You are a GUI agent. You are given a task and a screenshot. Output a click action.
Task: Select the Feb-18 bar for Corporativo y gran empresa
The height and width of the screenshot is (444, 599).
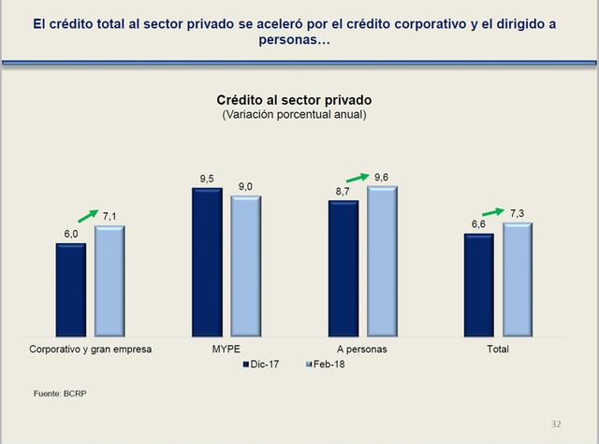click(110, 280)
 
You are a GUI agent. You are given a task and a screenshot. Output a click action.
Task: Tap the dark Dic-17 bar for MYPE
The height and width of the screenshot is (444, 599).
click(207, 262)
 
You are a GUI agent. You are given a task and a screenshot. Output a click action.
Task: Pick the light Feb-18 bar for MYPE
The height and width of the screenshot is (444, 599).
click(246, 266)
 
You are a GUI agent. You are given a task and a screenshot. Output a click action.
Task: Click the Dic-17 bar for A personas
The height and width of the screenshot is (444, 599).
click(343, 268)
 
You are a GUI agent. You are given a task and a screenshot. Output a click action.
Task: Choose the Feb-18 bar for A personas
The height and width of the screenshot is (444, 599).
click(382, 261)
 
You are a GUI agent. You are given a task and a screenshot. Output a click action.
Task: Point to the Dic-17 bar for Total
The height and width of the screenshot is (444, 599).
click(478, 285)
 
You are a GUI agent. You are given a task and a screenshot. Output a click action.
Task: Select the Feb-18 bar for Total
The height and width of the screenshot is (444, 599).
click(518, 279)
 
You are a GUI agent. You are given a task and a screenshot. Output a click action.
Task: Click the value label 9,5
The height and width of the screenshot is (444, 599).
click(207, 178)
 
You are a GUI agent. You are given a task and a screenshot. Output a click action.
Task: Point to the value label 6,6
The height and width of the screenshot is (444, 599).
click(477, 224)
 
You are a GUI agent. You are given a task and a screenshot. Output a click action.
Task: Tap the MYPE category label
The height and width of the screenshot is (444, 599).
click(226, 349)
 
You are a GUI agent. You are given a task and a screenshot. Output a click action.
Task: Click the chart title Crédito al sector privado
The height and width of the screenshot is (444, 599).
click(293, 100)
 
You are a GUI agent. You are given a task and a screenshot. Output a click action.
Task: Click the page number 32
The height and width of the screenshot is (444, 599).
click(556, 423)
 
